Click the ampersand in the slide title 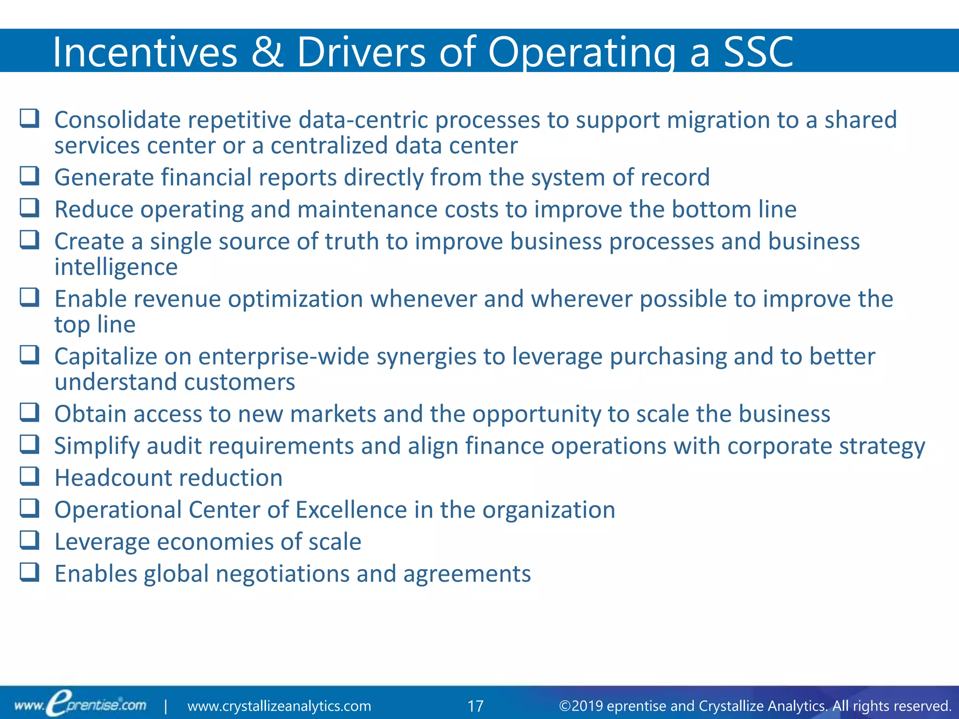pos(267,52)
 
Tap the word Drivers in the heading pos(361,52)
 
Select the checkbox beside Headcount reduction pos(30,476)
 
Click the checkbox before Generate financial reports pos(30,176)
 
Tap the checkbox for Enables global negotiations pos(30,572)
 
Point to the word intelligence pos(116,267)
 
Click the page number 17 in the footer pos(475,706)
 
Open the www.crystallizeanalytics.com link pos(279,706)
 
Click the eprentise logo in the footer pos(81,704)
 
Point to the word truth pos(352,242)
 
